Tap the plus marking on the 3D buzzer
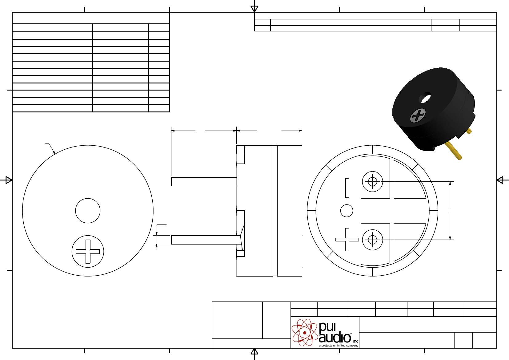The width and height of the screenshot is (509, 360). point(418,115)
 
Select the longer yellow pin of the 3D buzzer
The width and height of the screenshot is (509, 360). point(453,150)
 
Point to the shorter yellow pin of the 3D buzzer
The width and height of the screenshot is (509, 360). point(469,131)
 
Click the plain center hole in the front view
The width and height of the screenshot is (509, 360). point(88,211)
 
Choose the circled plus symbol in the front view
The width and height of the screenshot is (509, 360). point(88,251)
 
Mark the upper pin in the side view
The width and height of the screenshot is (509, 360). point(204,182)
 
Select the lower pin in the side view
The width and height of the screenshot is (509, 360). point(206,240)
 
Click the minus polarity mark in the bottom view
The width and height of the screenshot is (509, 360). point(347,188)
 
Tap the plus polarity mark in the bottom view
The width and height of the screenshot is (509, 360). point(347,240)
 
